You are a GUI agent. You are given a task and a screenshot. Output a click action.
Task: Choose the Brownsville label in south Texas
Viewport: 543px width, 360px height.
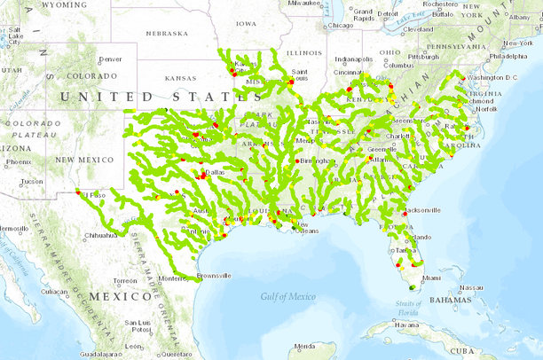click(213, 276)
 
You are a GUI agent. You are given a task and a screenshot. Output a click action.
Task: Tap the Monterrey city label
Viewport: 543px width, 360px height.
click(173, 278)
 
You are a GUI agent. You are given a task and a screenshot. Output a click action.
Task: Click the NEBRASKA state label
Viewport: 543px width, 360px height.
click(167, 34)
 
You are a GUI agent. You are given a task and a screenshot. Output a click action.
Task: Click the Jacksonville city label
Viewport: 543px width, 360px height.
click(423, 210)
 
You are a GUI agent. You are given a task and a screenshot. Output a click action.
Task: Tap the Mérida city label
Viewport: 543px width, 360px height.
click(305, 345)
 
